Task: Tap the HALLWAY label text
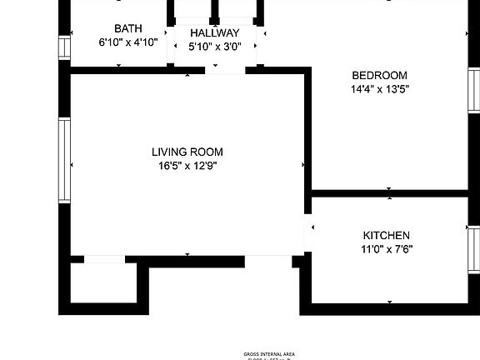click(214, 32)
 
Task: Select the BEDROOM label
click(379, 74)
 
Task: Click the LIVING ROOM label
click(187, 152)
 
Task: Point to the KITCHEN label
click(386, 236)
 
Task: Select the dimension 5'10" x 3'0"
click(214, 46)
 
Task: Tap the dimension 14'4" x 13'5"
click(379, 87)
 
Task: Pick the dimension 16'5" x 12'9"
click(187, 165)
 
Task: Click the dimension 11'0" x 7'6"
click(386, 248)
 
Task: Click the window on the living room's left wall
click(63, 158)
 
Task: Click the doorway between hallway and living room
click(225, 70)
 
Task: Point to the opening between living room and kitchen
click(308, 233)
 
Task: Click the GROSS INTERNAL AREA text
click(268, 354)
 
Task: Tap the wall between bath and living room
click(125, 70)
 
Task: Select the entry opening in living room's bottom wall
click(267, 261)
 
